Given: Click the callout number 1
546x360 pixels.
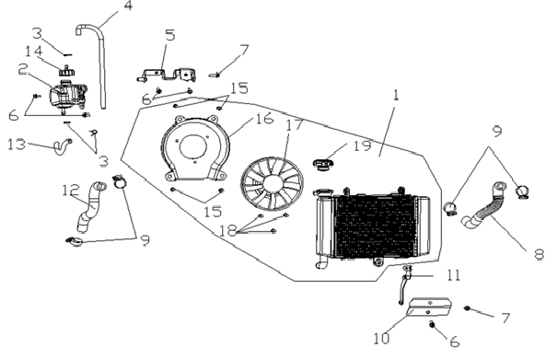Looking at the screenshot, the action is tap(396, 95).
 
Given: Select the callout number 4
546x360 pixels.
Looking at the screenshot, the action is tap(129, 6).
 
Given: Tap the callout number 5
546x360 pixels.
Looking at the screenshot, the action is tap(170, 35).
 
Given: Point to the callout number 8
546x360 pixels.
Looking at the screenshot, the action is tap(540, 254).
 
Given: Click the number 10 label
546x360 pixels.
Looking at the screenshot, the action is tap(381, 339).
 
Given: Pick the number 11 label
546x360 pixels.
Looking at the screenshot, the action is tap(453, 275).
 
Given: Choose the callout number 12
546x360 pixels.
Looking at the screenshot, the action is tap(71, 190).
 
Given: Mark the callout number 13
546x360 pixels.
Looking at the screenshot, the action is tap(17, 144).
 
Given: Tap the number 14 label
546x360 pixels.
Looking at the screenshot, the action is tap(34, 51).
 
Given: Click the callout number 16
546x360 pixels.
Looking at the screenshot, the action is tap(264, 119).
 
